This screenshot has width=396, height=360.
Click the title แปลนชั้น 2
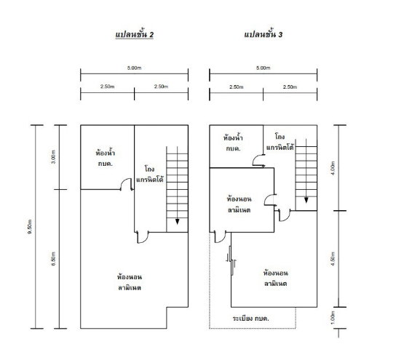coord(135,35)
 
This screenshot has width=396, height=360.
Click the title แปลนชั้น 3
coord(264,34)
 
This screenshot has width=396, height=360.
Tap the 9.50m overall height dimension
coord(30,227)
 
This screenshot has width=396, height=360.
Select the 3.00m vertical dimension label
coord(53,157)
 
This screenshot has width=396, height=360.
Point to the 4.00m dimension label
coord(333,168)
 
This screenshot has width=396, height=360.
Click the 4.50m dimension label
coord(333,259)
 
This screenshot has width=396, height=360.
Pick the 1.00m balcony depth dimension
coord(333,318)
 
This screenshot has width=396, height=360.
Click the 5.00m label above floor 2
coord(134,68)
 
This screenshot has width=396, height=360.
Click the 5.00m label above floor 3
coord(264,68)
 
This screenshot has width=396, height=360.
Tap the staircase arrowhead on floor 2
coord(178,222)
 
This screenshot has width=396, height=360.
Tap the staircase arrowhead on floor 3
coord(306,200)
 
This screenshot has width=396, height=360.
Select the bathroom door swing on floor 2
coord(126,184)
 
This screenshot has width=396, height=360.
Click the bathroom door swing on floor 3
coord(258,161)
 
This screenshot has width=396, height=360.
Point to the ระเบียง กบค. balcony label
coord(250,319)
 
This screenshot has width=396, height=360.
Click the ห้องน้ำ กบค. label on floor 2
coord(106,158)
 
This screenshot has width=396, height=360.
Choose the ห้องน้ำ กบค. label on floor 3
coord(233,143)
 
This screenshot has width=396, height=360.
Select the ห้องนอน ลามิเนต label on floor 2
coord(130,283)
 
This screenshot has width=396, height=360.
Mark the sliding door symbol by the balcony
coord(231,260)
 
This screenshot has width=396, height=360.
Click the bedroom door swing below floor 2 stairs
coord(142,237)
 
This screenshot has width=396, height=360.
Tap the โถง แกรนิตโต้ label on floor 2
coord(149,174)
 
